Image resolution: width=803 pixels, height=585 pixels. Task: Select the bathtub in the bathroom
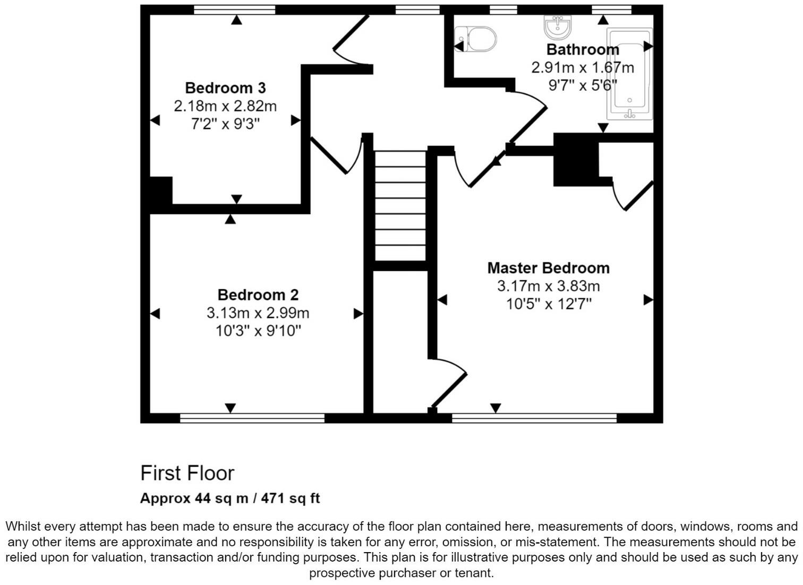click(x=630, y=73)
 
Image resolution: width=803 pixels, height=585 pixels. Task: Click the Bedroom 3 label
click(x=225, y=88)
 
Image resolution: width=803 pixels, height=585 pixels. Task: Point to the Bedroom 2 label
click(x=258, y=295)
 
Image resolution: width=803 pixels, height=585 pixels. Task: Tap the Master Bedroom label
click(x=548, y=268)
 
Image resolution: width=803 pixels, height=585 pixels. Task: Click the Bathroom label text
click(x=583, y=50)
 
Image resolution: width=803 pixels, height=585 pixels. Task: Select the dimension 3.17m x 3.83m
click(x=548, y=286)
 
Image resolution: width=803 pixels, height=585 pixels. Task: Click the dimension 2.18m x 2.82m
click(x=225, y=106)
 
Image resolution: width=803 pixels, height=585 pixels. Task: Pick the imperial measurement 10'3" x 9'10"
click(x=258, y=331)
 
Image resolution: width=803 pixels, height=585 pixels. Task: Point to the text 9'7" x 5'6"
click(x=583, y=85)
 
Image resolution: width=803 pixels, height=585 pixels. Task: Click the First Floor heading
click(x=187, y=473)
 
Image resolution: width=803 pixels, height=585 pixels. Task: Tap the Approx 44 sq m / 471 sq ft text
click(x=229, y=498)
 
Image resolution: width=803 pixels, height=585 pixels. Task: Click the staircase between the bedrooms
click(x=400, y=205)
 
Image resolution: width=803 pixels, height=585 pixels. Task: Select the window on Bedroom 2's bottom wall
click(x=252, y=418)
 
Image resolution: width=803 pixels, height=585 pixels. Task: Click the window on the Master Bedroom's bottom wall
click(x=534, y=418)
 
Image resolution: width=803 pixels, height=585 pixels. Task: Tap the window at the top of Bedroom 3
click(x=234, y=10)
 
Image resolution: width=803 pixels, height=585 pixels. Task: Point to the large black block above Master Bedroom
click(x=575, y=159)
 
